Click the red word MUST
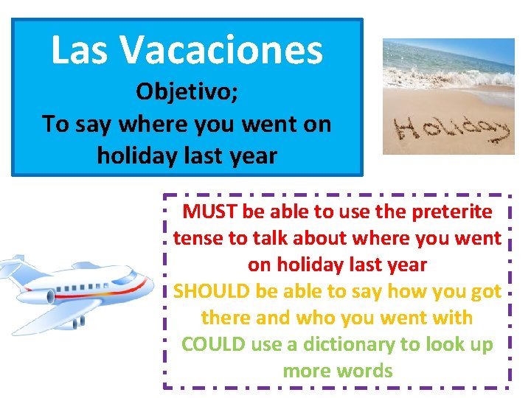tap(207, 212)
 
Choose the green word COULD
tap(214, 344)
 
